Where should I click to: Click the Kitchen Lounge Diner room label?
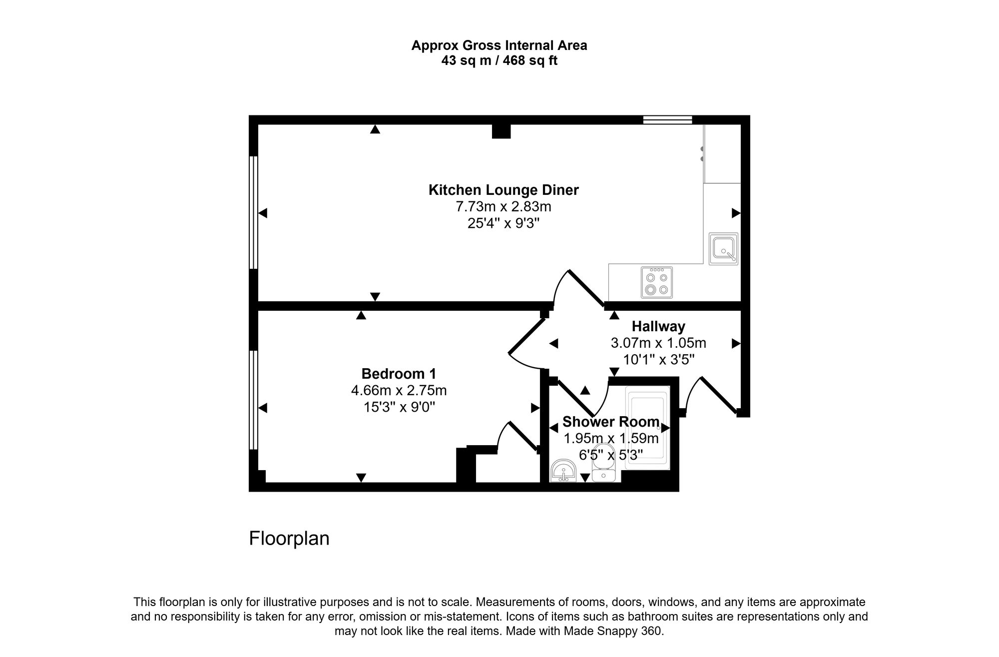tap(503, 190)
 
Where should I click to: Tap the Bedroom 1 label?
tap(399, 374)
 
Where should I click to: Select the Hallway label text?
tap(658, 326)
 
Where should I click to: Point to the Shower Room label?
tap(610, 422)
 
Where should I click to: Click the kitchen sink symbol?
tap(723, 249)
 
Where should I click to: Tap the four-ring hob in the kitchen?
tap(657, 282)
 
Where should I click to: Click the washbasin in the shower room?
tap(564, 471)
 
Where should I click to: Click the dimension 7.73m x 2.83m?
tap(503, 206)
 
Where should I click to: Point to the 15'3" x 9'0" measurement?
tap(399, 407)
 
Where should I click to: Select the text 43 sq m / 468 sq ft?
tap(499, 61)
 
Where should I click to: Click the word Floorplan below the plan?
tap(289, 539)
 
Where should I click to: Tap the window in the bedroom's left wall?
tap(253, 400)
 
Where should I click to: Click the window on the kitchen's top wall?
tap(667, 119)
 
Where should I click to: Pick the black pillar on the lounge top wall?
tap(501, 131)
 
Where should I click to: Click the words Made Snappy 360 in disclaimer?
tap(612, 631)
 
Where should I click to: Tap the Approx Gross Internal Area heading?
tap(499, 45)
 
